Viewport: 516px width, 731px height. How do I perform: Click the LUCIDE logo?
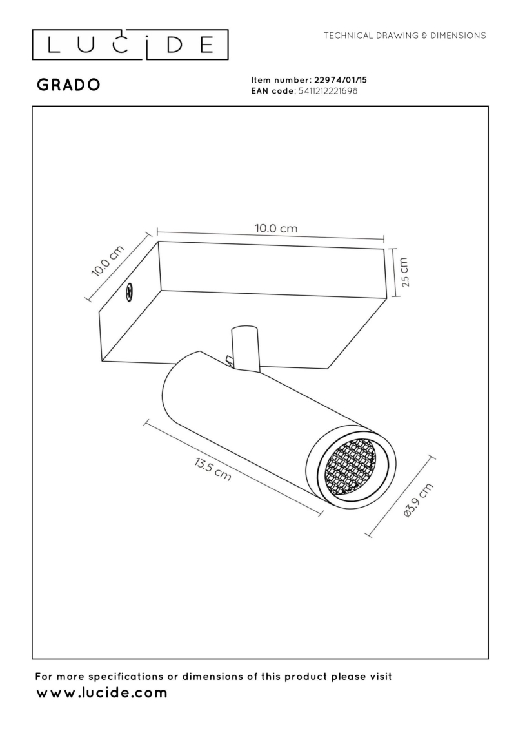(130, 44)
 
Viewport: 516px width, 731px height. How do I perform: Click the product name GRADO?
(68, 86)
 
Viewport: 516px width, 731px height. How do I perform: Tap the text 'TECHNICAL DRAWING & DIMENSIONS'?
(404, 35)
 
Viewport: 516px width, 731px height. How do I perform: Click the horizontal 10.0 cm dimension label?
(276, 228)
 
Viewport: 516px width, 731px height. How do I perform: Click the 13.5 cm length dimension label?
(212, 471)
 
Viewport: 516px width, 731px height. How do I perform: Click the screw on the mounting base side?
(129, 293)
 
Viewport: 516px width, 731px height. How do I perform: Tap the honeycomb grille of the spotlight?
(350, 466)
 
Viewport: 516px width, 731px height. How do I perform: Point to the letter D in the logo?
(172, 45)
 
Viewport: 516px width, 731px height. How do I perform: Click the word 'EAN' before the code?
(261, 91)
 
